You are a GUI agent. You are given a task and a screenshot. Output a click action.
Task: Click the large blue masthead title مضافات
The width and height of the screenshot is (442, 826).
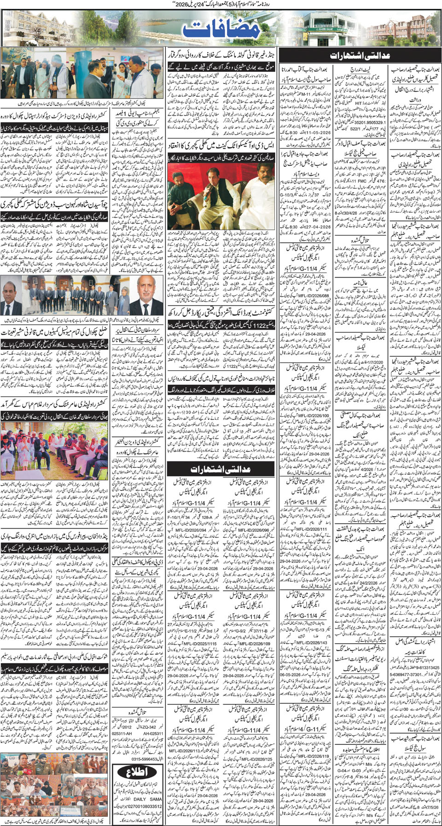click(221, 29)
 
